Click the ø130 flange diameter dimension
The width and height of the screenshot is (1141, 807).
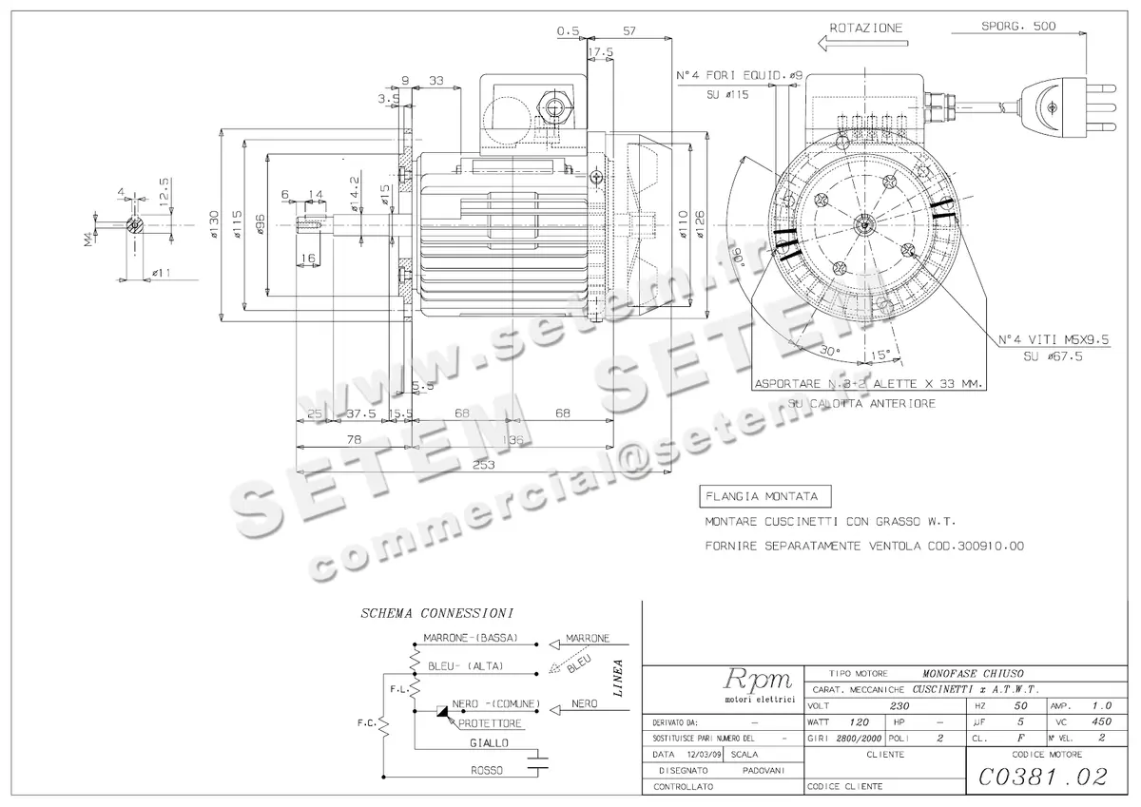215,225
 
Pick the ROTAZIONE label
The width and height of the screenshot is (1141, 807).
865,29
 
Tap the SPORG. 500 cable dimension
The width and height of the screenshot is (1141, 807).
1018,27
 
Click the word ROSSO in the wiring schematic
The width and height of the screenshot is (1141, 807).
487,770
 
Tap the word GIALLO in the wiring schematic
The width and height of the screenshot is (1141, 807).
489,742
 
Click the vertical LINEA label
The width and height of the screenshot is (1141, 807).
619,677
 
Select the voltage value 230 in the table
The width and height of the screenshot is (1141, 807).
899,706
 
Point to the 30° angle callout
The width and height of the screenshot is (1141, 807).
829,351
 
